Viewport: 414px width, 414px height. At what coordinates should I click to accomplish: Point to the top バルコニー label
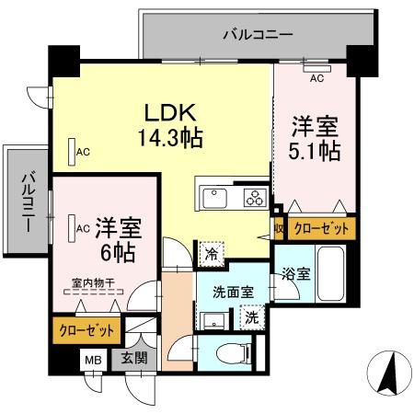click(259, 35)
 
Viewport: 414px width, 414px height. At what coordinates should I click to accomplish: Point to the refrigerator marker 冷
click(211, 250)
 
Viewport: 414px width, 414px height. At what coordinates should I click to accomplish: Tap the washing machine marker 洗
click(249, 317)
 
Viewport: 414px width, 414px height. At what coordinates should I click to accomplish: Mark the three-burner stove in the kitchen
click(253, 198)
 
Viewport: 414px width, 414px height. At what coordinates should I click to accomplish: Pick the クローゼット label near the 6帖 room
click(87, 329)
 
